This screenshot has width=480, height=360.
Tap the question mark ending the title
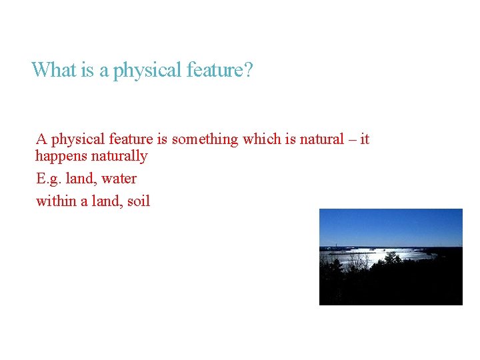pyautogui.click(x=249, y=70)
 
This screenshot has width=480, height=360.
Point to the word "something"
pyautogui.click(x=205, y=139)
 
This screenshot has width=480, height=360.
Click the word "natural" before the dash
pyautogui.click(x=319, y=139)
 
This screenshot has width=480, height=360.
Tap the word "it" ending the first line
pyautogui.click(x=364, y=139)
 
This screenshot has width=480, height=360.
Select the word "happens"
pyautogui.click(x=60, y=156)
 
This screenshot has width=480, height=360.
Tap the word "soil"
pyautogui.click(x=138, y=201)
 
